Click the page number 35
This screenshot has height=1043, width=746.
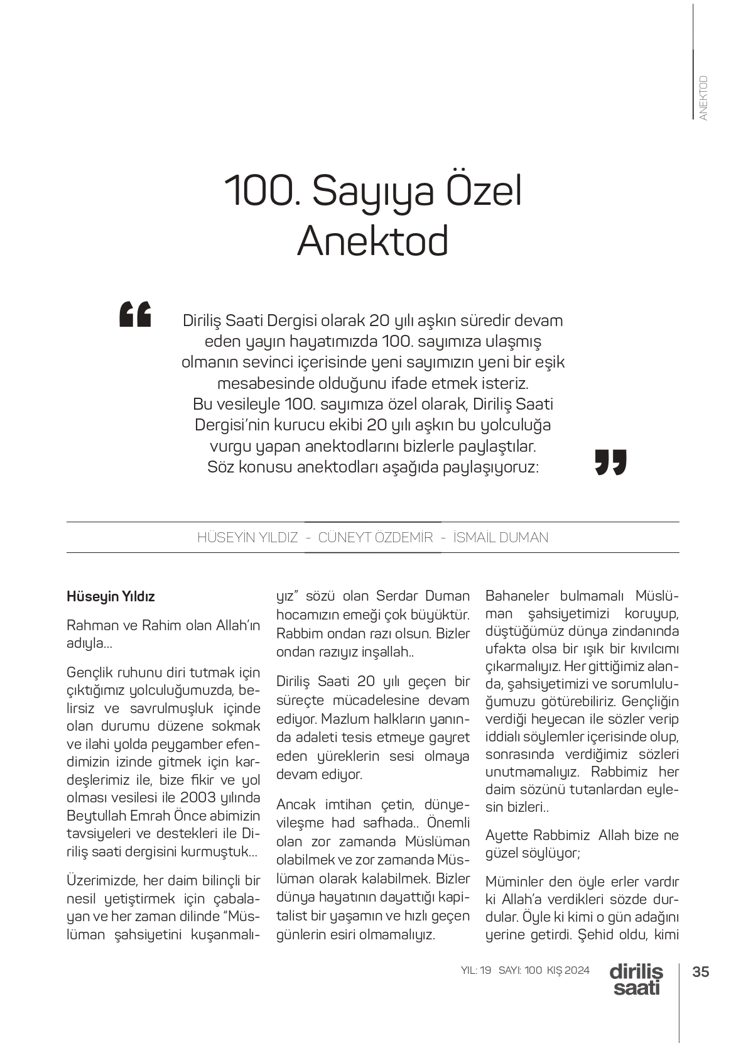700,971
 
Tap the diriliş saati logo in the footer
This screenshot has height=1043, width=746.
635,979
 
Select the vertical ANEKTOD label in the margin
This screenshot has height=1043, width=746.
703,98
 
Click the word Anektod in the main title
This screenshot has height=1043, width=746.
372,241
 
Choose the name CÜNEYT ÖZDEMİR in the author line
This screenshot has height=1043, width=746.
376,537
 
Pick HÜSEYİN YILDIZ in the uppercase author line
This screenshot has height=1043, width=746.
247,537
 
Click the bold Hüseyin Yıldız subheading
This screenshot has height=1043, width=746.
111,596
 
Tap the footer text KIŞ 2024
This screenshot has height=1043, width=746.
568,970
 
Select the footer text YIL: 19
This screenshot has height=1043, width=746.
476,970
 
